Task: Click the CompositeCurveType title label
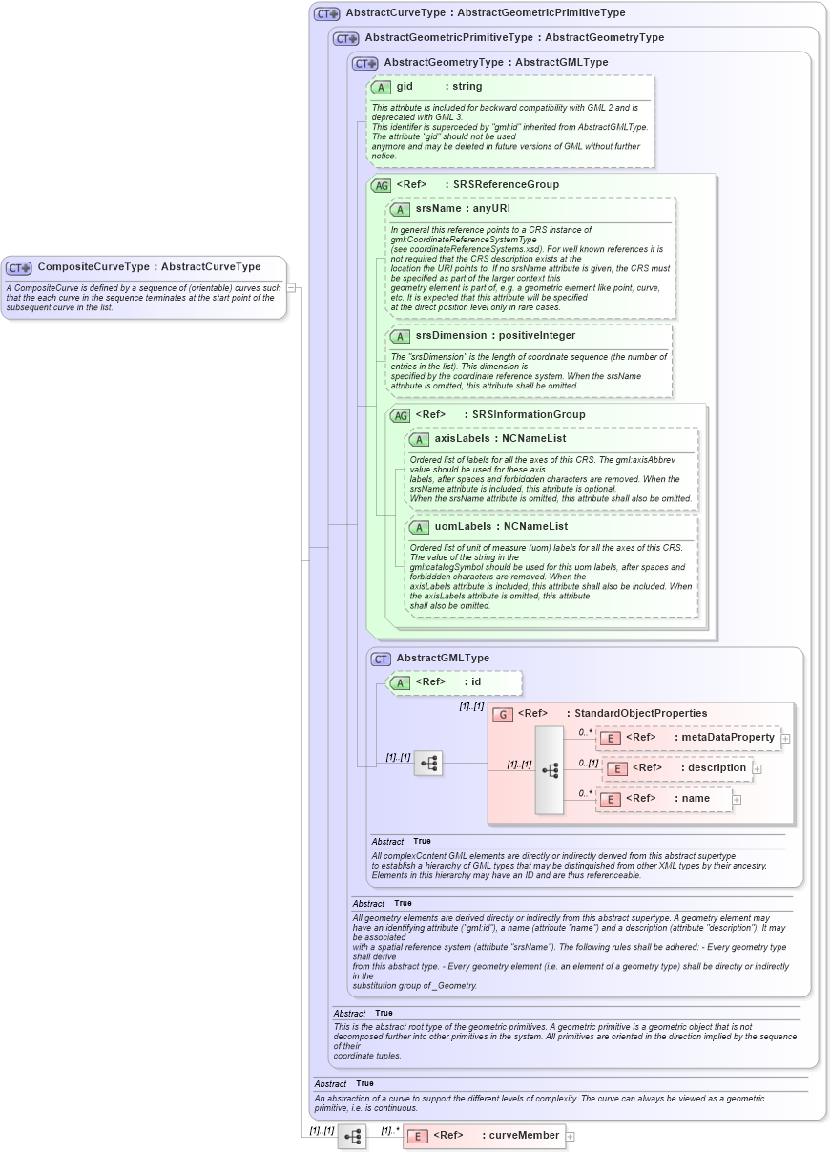[x=148, y=267]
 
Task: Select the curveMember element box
[x=484, y=1135]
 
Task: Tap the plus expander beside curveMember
[x=571, y=1136]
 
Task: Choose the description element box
[x=676, y=767]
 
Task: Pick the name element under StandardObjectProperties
[x=664, y=799]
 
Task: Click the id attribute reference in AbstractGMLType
[x=472, y=682]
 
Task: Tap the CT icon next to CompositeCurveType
[x=19, y=268]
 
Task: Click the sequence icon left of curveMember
[x=352, y=1136]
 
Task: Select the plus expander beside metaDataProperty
[x=785, y=738]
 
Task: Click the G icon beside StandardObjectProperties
[x=503, y=714]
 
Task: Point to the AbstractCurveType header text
[x=486, y=13]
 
